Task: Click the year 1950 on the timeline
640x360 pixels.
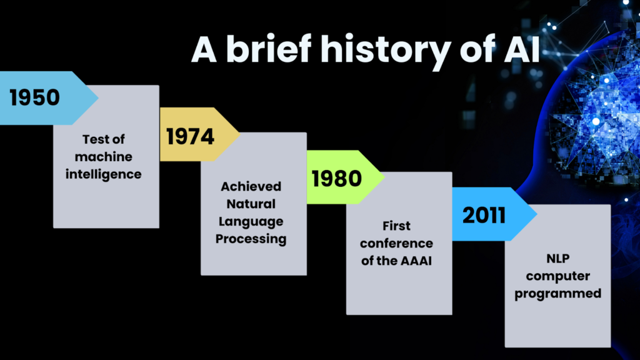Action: [x=35, y=97]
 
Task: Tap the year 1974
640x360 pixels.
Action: [x=190, y=136]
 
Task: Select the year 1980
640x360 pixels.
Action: [x=337, y=178]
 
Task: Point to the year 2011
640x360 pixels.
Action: [x=484, y=215]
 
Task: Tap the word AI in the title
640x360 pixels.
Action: [x=522, y=49]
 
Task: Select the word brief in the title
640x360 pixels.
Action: [x=269, y=49]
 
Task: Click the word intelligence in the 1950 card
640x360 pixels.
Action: [x=103, y=175]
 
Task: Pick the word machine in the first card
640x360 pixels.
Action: [x=103, y=157]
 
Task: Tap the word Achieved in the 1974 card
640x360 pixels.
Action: [x=251, y=186]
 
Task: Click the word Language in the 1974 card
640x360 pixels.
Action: [x=251, y=222]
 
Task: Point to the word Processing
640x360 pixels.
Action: [x=251, y=239]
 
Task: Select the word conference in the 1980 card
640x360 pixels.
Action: [x=396, y=243]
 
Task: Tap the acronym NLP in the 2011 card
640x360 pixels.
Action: [x=558, y=258]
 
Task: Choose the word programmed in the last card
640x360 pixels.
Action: [x=558, y=294]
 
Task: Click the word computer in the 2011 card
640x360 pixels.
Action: [x=558, y=276]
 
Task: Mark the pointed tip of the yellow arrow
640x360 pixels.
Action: [x=239, y=134]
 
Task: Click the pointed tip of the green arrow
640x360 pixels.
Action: [x=384, y=177]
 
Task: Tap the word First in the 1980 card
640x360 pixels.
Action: [x=396, y=226]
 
